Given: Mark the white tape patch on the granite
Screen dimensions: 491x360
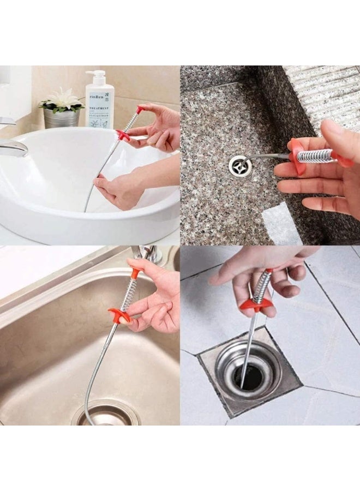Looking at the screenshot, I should [281, 223].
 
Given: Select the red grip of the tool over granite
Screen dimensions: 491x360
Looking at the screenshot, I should [298, 155].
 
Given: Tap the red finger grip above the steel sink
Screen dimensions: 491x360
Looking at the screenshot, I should [119, 315].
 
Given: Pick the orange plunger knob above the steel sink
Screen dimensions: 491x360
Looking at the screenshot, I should [135, 271].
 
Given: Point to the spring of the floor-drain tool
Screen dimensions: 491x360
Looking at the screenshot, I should [262, 286].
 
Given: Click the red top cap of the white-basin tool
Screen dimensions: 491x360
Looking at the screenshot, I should [140, 110].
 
